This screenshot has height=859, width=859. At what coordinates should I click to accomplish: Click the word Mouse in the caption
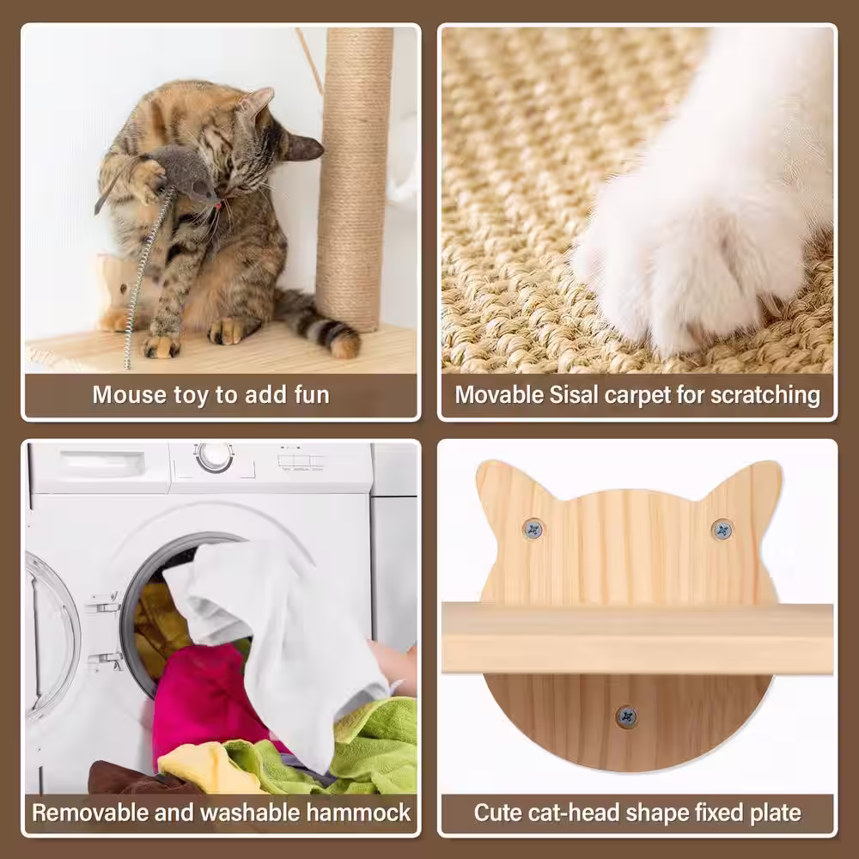pos(130,395)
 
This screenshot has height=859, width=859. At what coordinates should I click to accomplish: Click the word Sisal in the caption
pos(573,395)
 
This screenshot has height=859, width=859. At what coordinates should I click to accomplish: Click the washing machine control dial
pos(214,456)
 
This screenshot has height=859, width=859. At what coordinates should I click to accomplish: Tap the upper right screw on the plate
pos(722,530)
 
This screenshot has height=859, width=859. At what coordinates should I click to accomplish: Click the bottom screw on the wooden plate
pos(626,716)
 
